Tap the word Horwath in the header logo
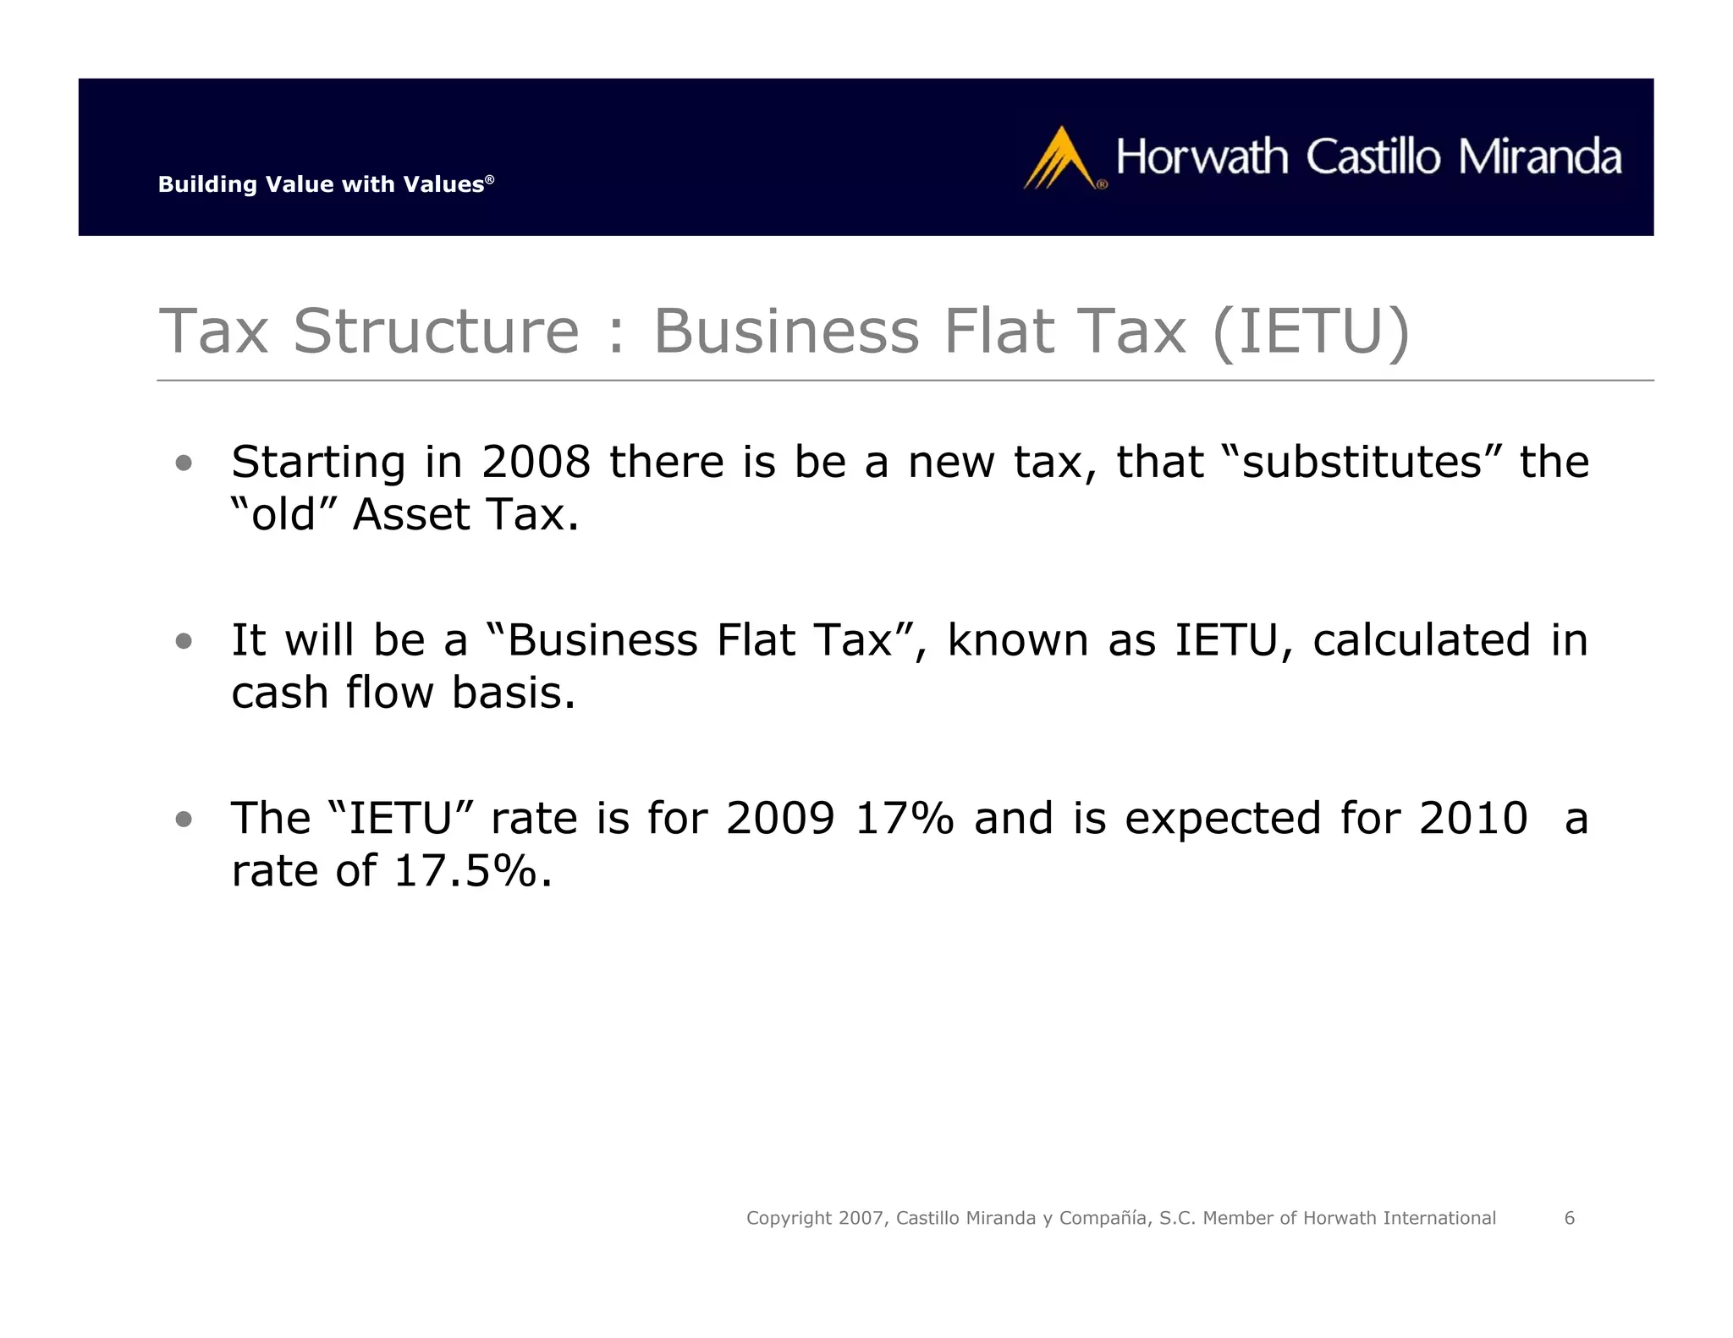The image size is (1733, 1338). [x=1202, y=157]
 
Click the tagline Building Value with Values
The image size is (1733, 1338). [x=325, y=184]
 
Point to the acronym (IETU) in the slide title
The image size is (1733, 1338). [x=1311, y=331]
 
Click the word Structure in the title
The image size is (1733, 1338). [x=436, y=331]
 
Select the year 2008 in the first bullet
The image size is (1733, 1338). [x=535, y=462]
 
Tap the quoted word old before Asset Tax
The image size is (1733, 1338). [x=283, y=514]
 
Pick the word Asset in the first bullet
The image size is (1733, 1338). [x=410, y=514]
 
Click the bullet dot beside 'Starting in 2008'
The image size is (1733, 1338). [x=184, y=463]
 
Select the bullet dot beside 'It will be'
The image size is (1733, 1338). [x=184, y=641]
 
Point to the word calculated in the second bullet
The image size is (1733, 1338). [x=1422, y=640]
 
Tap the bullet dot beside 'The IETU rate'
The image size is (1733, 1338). [x=184, y=819]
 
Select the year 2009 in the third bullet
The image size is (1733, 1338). [x=780, y=819]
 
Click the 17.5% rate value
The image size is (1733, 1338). [x=465, y=871]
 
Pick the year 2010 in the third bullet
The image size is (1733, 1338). [x=1473, y=819]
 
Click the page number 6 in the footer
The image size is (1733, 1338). [x=1570, y=1218]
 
